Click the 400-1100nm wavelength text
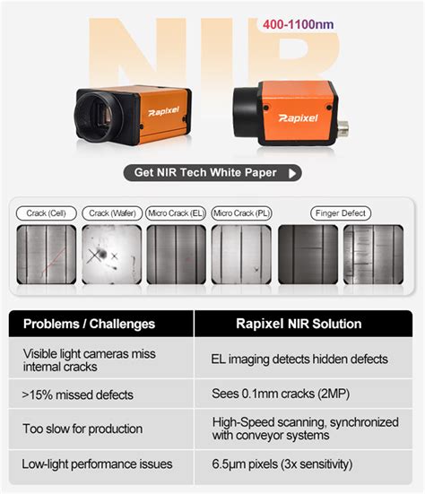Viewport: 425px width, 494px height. point(298,24)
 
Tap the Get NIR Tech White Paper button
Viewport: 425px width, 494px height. point(212,173)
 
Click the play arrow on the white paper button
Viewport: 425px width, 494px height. point(292,173)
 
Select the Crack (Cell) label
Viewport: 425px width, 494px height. point(47,213)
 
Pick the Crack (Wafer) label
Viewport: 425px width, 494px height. point(112,213)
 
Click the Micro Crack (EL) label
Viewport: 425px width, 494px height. point(176,213)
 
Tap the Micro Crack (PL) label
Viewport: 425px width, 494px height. point(241,213)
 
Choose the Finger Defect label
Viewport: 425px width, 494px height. point(341,213)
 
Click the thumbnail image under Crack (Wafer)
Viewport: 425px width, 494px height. point(111,255)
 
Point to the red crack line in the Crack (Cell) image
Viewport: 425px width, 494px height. point(54,261)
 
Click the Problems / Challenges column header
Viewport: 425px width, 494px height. point(89,324)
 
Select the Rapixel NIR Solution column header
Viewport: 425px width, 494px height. point(299,324)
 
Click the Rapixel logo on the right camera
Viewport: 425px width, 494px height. point(298,118)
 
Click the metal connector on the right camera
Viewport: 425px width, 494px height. point(343,127)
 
